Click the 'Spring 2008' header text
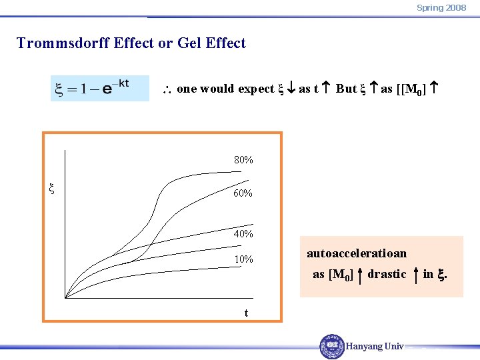[x=441, y=7]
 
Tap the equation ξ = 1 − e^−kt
[x=100, y=88]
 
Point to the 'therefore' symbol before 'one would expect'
[x=169, y=89]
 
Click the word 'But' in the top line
[x=346, y=89]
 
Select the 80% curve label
[x=243, y=160]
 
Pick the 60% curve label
[x=243, y=193]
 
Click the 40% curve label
[x=243, y=234]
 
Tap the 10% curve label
[x=243, y=259]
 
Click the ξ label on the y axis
[x=52, y=189]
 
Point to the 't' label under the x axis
[x=246, y=313]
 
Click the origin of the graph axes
[x=65, y=297]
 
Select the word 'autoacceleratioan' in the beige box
[x=356, y=253]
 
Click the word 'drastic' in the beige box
[x=387, y=274]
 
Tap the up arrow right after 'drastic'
[x=416, y=274]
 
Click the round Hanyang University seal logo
[x=332, y=346]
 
